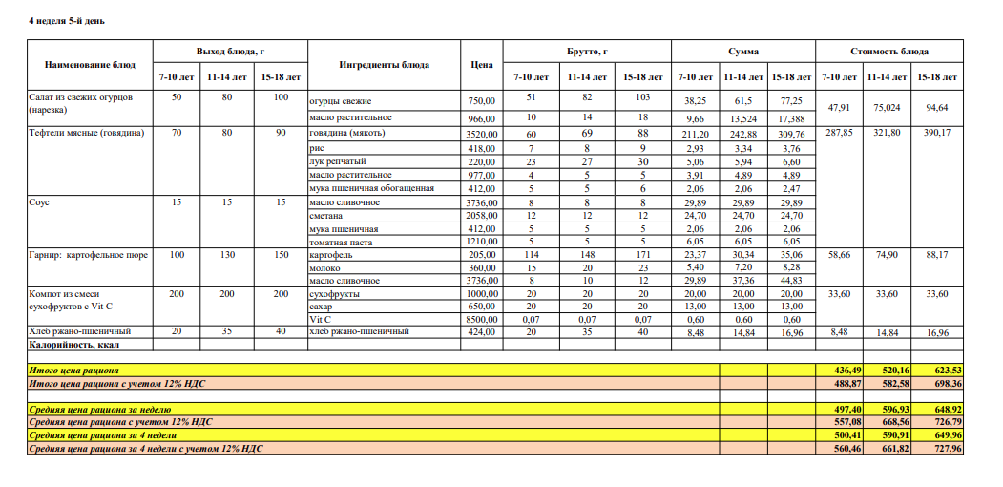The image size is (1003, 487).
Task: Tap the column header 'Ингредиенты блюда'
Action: [384, 65]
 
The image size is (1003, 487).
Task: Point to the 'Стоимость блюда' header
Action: [889, 52]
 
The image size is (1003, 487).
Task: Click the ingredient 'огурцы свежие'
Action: [340, 101]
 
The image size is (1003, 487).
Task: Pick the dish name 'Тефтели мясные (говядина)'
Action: [88, 134]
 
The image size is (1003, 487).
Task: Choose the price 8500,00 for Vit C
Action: [479, 319]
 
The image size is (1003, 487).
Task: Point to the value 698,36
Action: [936, 383]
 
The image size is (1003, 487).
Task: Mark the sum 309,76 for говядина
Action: [791, 135]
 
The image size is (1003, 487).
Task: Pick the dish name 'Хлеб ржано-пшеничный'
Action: [80, 331]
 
